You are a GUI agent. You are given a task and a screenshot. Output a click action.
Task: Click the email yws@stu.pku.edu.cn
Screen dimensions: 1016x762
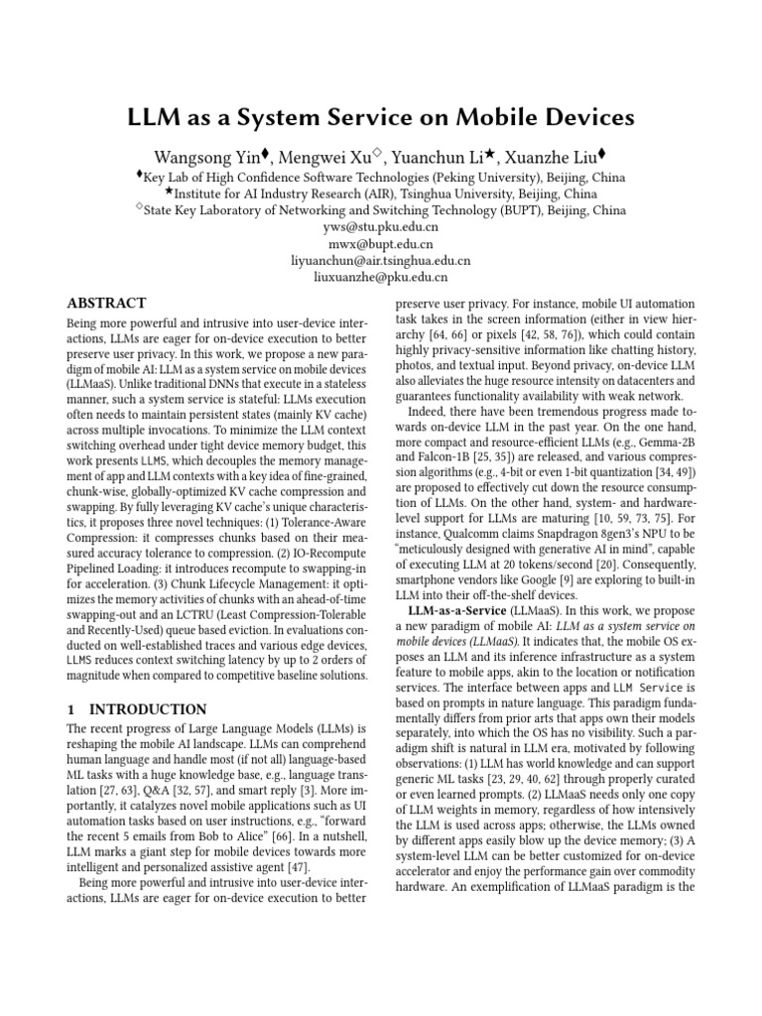click(381, 227)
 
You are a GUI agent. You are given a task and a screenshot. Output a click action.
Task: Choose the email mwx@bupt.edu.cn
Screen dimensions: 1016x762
click(381, 244)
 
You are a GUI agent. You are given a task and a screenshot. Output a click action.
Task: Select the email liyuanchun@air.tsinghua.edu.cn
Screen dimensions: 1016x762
click(381, 261)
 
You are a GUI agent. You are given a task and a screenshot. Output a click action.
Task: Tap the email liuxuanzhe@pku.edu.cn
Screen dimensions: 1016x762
click(381, 278)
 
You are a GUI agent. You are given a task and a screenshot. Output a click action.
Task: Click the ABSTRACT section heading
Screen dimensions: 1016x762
click(106, 303)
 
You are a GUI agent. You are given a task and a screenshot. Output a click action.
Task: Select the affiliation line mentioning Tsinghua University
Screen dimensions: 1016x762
click(381, 193)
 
